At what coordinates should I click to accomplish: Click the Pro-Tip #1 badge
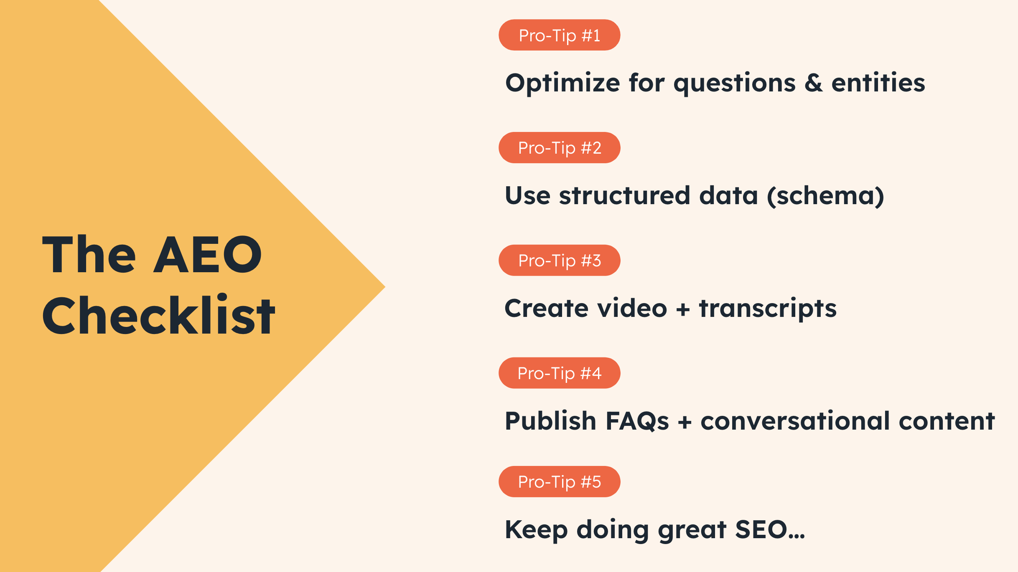(x=559, y=35)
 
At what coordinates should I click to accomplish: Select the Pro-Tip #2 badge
(x=559, y=148)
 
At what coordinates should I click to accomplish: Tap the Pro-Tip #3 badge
(x=559, y=261)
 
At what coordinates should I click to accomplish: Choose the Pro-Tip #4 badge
(x=559, y=373)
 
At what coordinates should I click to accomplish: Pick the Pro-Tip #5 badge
(x=559, y=482)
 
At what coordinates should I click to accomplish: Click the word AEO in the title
(x=208, y=254)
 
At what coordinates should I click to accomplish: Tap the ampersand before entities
(x=814, y=83)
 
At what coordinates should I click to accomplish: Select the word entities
(x=878, y=82)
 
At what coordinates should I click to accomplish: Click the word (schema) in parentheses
(x=825, y=196)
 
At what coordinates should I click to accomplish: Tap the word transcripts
(x=768, y=309)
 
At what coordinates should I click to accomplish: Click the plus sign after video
(x=683, y=310)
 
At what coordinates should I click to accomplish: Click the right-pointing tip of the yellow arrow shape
(x=385, y=286)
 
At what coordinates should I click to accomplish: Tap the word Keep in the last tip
(x=536, y=530)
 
